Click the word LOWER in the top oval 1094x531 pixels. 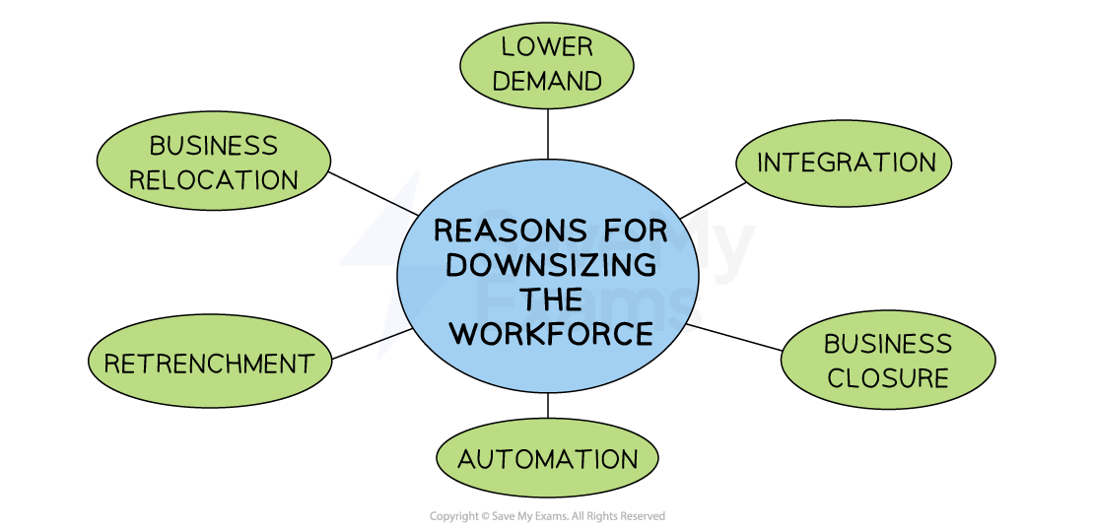coord(547,46)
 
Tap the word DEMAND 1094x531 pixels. coord(547,82)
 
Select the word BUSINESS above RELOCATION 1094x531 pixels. coord(214,146)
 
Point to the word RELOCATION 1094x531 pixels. coord(214,180)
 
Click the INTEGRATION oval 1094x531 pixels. coord(845,163)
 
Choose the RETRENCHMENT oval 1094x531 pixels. coord(209,364)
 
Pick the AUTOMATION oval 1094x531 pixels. coord(547,459)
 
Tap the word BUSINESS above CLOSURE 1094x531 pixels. coord(888,344)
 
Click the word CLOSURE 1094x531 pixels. coord(888,378)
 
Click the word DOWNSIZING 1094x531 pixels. coord(551,266)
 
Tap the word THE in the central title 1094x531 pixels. coord(551,299)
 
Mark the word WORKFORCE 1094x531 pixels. coord(551,334)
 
